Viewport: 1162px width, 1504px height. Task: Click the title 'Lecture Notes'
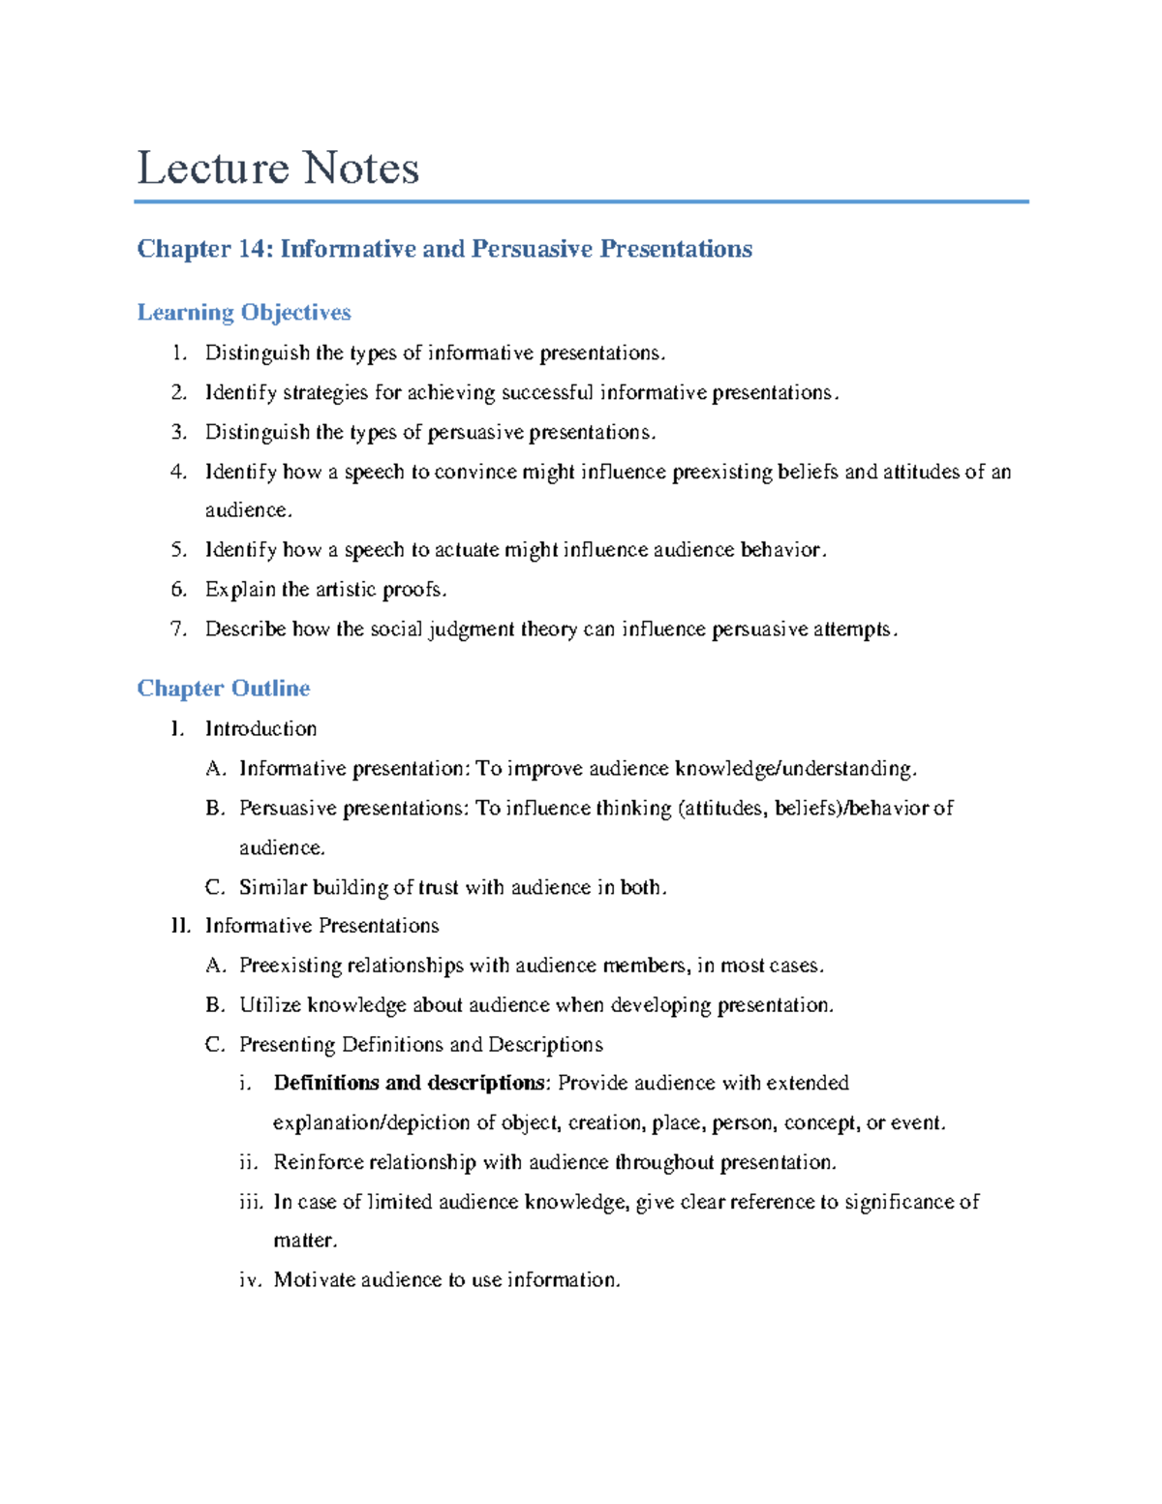(x=278, y=169)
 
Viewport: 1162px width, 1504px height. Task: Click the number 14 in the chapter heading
(x=254, y=249)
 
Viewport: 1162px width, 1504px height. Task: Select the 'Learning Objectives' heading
(x=243, y=312)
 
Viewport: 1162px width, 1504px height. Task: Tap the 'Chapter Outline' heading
(x=224, y=688)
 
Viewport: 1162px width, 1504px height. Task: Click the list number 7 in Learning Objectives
(x=177, y=629)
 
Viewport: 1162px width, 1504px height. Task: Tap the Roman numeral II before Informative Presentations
(x=179, y=926)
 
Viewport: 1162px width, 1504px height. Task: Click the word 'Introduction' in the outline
(x=260, y=728)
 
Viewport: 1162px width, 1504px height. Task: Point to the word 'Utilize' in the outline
(x=270, y=1005)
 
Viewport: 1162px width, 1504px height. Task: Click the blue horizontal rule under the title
(x=581, y=201)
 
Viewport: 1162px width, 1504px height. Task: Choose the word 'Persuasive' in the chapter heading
(x=532, y=249)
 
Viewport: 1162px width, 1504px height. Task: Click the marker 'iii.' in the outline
(x=251, y=1202)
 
